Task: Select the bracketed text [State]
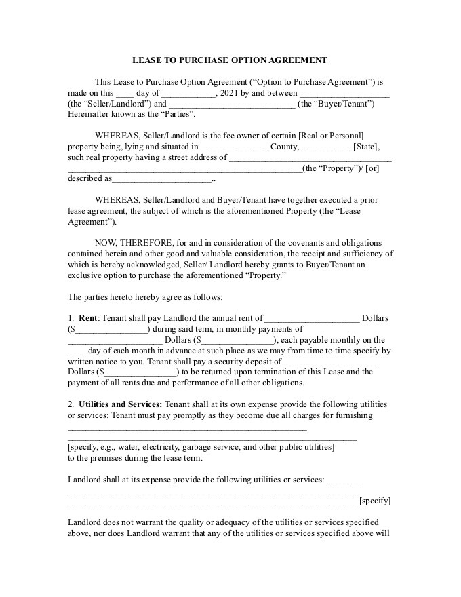366,147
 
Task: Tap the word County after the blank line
283,147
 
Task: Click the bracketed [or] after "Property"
372,168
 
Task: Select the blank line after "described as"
161,180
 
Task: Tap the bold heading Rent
88,318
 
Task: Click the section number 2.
71,404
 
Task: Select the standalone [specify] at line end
374,501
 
